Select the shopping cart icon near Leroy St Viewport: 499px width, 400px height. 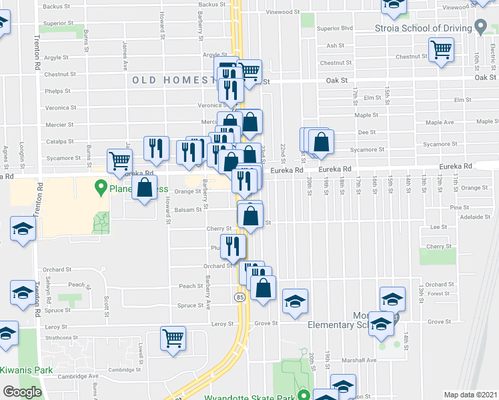pos(173,338)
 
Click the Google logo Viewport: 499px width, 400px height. pos(22,392)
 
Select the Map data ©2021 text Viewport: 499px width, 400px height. pos(470,395)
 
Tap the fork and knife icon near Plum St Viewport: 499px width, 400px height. pos(232,246)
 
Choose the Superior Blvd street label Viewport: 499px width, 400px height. pos(334,29)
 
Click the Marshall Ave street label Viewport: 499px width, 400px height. pos(362,360)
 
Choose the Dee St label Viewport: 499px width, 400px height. pos(367,132)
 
